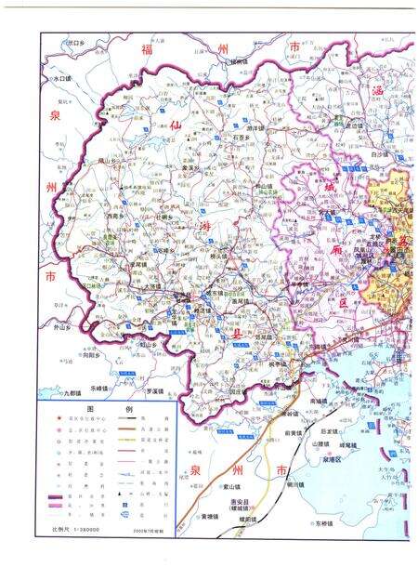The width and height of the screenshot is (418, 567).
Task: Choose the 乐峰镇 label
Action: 100,387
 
